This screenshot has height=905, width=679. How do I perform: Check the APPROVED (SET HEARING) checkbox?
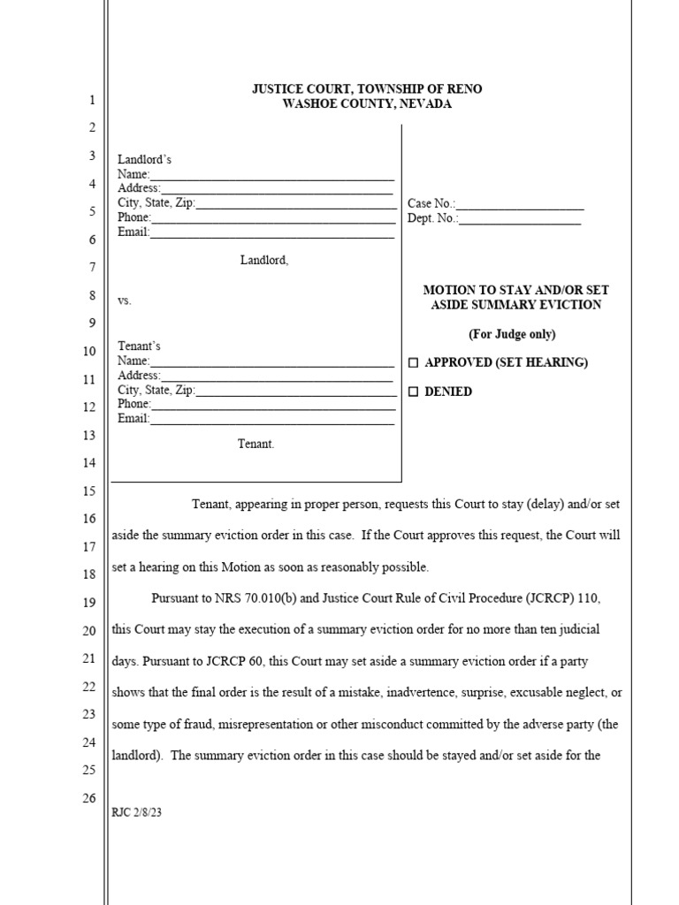[413, 363]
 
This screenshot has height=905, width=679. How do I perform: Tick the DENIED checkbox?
[413, 392]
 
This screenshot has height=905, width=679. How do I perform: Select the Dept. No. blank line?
[520, 219]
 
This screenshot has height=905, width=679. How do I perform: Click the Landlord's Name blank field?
[271, 175]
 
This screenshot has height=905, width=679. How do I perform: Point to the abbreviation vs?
[124, 301]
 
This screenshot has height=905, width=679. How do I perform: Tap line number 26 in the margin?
[88, 798]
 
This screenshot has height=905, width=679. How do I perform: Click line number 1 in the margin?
[91, 101]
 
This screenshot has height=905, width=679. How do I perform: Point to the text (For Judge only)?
[512, 334]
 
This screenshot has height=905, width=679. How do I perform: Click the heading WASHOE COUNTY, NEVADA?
[367, 104]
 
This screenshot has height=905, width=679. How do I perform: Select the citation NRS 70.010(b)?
[257, 599]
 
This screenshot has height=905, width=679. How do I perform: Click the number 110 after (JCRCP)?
[589, 599]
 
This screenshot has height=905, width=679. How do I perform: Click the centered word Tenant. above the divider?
[256, 445]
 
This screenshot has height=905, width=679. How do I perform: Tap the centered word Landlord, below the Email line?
[263, 260]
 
